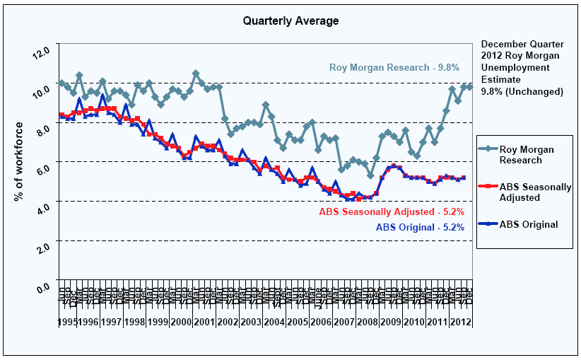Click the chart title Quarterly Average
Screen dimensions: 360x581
290,21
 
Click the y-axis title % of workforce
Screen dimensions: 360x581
19,161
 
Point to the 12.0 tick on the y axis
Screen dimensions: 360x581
42,52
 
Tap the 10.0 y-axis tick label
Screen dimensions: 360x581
42,91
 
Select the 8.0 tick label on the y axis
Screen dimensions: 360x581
42,130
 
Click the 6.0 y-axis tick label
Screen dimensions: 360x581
42,170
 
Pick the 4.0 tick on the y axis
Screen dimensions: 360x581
42,209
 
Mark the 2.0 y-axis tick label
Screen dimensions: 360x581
42,248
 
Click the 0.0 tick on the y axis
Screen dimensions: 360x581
42,288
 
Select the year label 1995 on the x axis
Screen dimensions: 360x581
68,323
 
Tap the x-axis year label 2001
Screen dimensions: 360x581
202,323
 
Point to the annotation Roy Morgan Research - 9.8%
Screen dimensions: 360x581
394,68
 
